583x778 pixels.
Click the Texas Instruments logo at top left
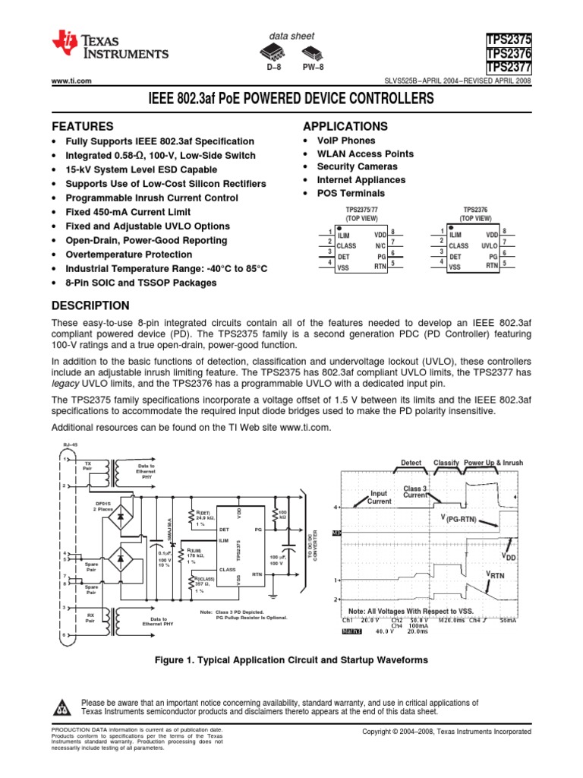click(x=110, y=48)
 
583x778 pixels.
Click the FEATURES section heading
click(x=82, y=126)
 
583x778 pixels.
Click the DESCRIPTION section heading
click(x=90, y=305)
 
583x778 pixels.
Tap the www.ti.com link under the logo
click(x=71, y=81)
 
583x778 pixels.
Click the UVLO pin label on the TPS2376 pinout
click(x=490, y=246)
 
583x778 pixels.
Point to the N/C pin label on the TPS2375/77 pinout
click(x=381, y=246)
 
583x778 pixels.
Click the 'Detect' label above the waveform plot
click(x=411, y=463)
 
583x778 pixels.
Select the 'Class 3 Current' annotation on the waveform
click(x=416, y=492)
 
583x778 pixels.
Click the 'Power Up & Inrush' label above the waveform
click(x=493, y=463)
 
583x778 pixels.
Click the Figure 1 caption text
click(x=291, y=660)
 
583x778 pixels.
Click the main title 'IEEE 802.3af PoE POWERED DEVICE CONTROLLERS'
click(x=291, y=100)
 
